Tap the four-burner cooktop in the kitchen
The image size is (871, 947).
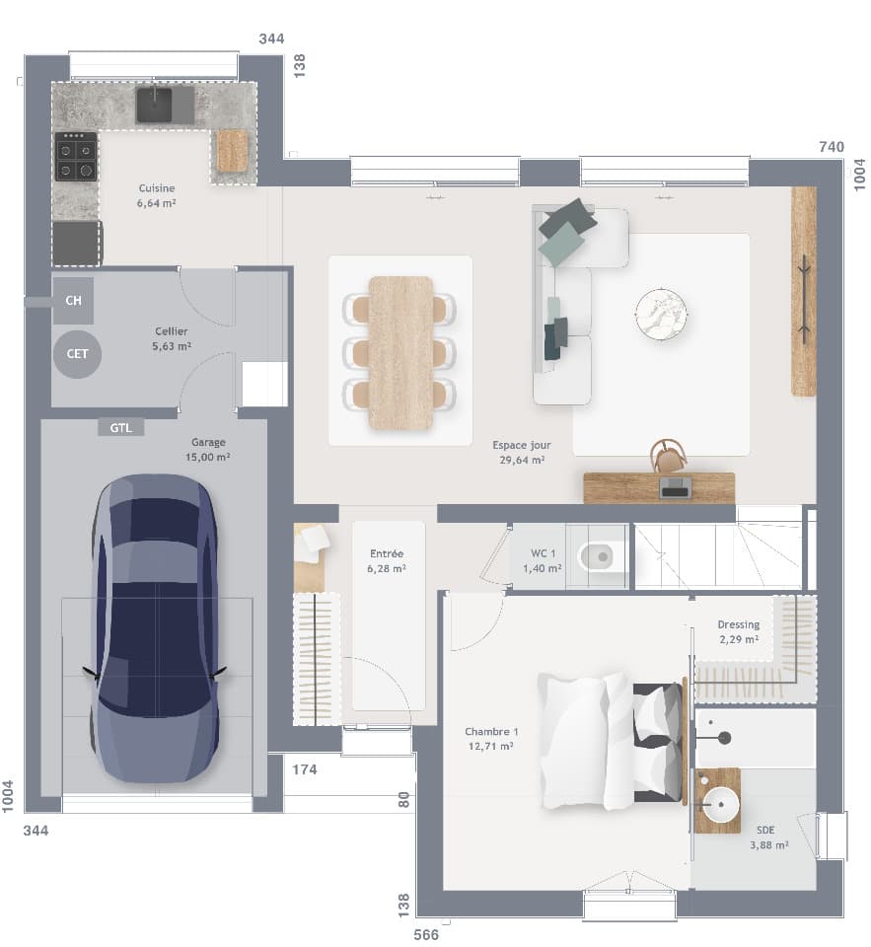point(75,158)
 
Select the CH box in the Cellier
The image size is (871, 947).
point(73,301)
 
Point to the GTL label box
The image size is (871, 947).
point(121,427)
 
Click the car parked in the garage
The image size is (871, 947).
point(154,628)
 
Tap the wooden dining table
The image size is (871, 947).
point(400,352)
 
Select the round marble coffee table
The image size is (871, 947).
point(661,314)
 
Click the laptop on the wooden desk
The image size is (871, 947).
point(676,487)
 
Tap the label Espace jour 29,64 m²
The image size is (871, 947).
point(522,452)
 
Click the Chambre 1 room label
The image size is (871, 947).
point(490,738)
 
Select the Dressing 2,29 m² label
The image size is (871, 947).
point(738,631)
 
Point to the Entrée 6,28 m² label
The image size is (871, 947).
point(387,561)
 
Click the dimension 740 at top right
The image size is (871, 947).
point(831,147)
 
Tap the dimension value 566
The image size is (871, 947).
point(425,934)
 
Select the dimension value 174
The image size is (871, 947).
point(305,768)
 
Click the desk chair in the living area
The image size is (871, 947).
point(668,457)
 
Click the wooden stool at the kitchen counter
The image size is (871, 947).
point(233,150)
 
